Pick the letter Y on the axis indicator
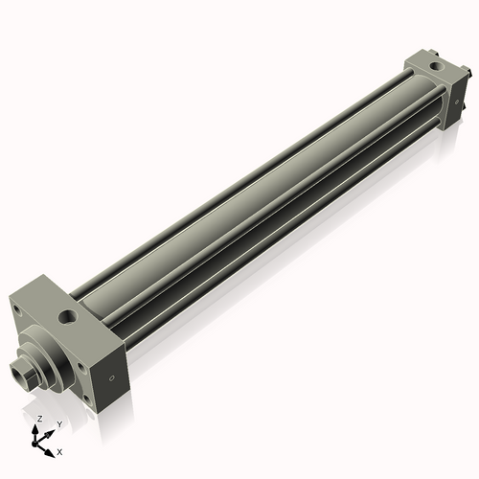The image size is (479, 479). [58, 422]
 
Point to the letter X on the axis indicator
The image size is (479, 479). [60, 449]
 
